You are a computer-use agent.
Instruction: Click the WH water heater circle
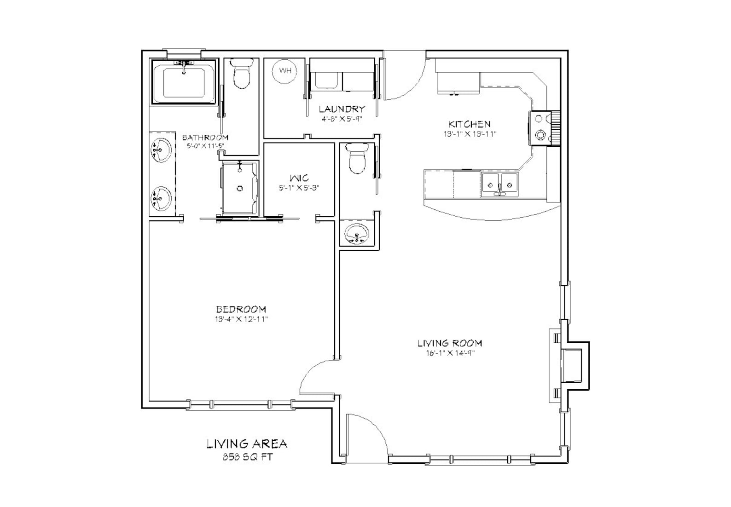[x=285, y=71]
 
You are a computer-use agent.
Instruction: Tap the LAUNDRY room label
[x=342, y=109]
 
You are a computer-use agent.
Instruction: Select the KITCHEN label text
[x=469, y=124]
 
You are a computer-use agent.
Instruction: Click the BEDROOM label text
[x=241, y=310]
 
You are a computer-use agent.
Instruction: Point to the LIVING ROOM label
[x=449, y=343]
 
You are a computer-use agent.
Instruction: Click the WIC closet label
[x=299, y=178]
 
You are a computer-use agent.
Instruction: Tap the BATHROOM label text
[x=205, y=138]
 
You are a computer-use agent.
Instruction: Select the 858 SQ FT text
[x=247, y=457]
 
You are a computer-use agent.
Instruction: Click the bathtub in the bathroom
[x=184, y=82]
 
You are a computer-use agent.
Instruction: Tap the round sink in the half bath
[x=357, y=235]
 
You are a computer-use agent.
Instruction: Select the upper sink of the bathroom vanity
[x=161, y=150]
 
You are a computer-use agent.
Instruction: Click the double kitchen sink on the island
[x=499, y=184]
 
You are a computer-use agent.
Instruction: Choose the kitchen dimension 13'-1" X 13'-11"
[x=469, y=134]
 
